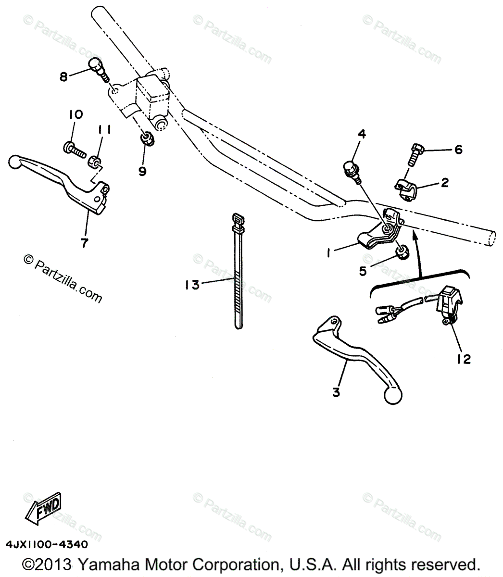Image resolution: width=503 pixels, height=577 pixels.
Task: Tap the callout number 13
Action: point(191,285)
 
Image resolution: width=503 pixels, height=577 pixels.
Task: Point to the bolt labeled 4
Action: point(351,171)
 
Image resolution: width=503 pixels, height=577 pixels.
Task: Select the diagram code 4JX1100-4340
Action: point(47,545)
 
